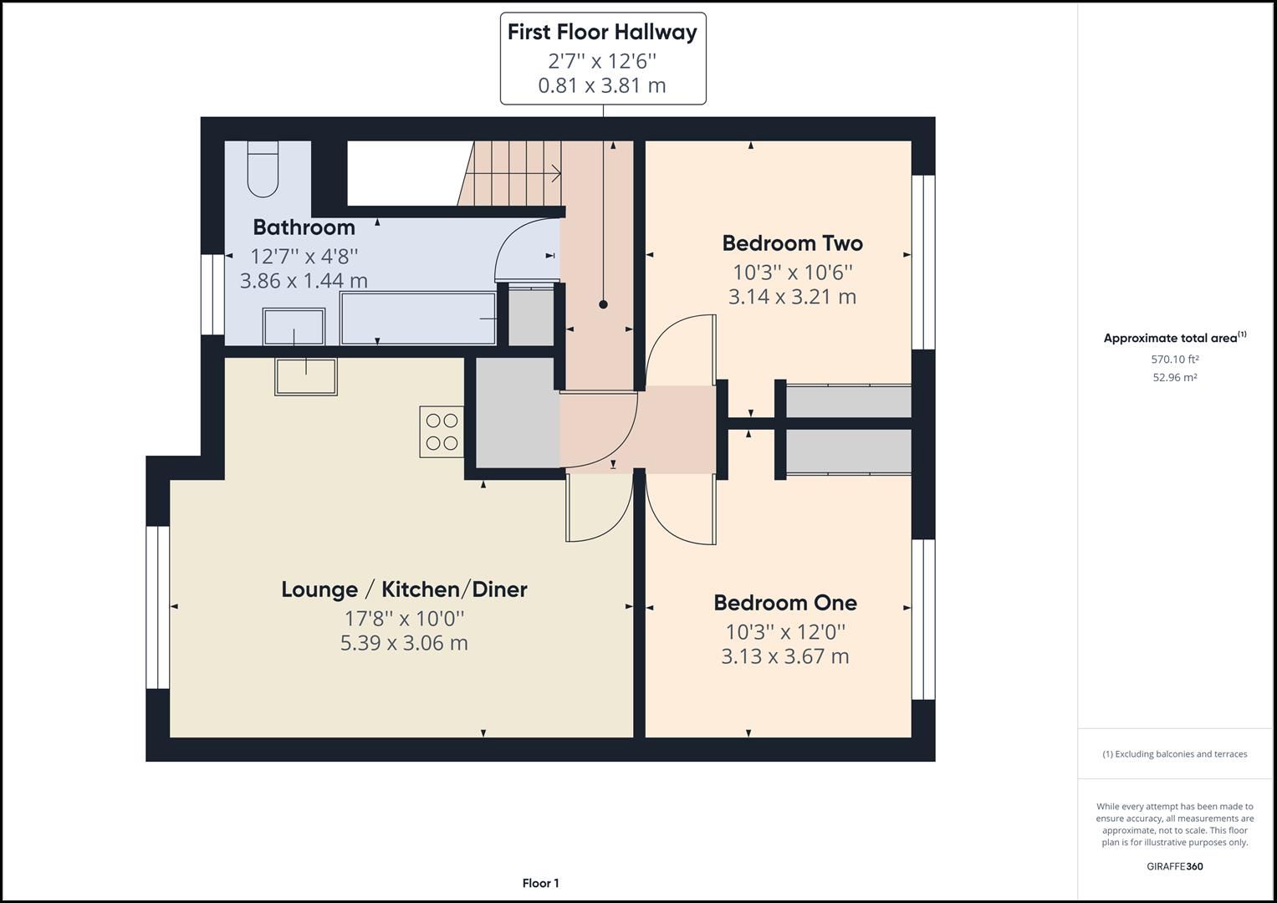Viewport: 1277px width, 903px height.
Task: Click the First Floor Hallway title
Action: click(x=602, y=32)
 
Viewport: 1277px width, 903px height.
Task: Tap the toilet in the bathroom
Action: click(x=263, y=170)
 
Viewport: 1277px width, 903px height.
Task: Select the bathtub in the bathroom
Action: click(x=418, y=319)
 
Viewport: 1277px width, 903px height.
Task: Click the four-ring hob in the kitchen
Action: click(x=442, y=431)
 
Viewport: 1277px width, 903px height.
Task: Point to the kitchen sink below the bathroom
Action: click(x=306, y=377)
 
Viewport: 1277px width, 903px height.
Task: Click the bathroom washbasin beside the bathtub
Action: click(x=294, y=326)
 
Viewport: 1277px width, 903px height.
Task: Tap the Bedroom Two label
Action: click(x=792, y=243)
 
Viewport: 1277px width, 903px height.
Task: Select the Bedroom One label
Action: click(x=784, y=603)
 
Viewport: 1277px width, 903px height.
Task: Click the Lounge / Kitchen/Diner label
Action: click(x=404, y=589)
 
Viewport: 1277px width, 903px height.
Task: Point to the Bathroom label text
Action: click(x=304, y=227)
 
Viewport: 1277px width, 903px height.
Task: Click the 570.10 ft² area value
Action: click(x=1174, y=360)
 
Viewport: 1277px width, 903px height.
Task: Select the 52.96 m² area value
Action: click(x=1174, y=377)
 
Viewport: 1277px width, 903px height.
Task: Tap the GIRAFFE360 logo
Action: click(x=1174, y=866)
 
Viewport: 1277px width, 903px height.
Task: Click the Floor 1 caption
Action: click(x=540, y=883)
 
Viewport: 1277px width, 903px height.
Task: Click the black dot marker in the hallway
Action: click(x=603, y=305)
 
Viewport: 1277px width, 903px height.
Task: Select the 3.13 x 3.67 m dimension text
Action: click(x=784, y=656)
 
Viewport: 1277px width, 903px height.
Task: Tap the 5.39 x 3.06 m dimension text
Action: click(x=404, y=643)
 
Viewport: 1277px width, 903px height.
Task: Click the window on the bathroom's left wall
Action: click(x=212, y=294)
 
